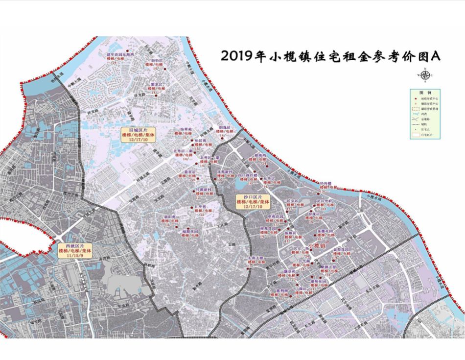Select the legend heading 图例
[x=424, y=93]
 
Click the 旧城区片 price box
[x=138, y=134]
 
